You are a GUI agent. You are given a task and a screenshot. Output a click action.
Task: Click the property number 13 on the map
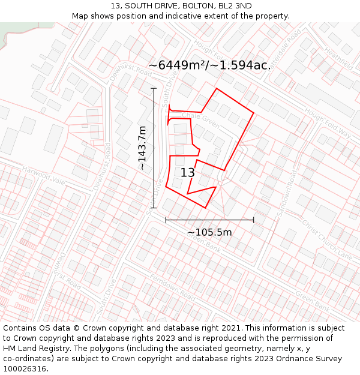188,173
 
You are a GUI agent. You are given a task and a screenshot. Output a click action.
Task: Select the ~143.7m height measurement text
142,148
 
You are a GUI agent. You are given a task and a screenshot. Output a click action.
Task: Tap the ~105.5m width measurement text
209,232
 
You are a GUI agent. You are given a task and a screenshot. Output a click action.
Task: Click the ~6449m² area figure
176,65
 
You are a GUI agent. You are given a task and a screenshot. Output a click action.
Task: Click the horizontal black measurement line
209,220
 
